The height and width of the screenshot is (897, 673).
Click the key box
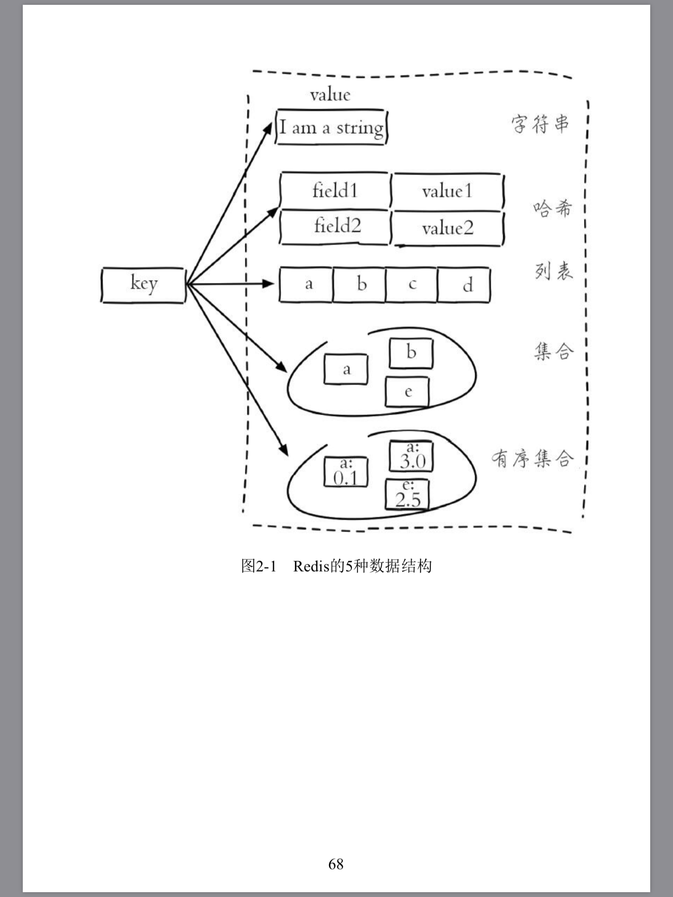pos(143,285)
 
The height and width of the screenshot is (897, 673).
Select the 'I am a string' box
pos(332,127)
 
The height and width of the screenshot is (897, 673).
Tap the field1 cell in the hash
pos(335,191)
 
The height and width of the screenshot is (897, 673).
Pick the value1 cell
pos(447,191)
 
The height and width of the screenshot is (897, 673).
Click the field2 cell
pos(335,227)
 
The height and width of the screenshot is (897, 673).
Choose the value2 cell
pos(447,228)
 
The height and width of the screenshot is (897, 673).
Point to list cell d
pos(464,285)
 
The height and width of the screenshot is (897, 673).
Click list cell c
pos(412,285)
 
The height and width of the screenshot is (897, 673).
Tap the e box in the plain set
pos(407,392)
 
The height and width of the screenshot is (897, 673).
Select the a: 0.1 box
pos(346,472)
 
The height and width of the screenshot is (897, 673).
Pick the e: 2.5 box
pos(407,494)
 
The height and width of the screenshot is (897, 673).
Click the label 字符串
pos(540,124)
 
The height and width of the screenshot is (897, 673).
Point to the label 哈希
pos(553,208)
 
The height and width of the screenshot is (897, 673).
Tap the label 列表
pos(553,271)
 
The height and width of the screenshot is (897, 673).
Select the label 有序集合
pos(532,459)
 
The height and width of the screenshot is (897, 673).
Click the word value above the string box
pos(330,95)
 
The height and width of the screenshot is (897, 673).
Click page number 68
pos(336,864)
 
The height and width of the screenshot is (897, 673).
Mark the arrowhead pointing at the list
pos(269,284)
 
